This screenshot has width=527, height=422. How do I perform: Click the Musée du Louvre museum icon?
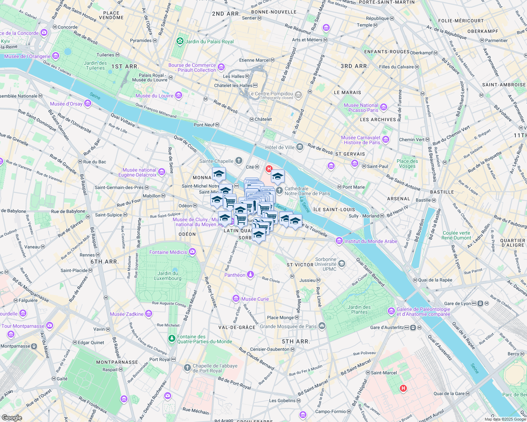coord(179,95)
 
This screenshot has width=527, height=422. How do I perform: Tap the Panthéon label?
coord(235,275)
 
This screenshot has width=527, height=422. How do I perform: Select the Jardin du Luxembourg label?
coord(168,276)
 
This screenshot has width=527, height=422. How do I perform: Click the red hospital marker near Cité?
coord(269,169)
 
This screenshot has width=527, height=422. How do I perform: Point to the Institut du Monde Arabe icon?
coord(339,241)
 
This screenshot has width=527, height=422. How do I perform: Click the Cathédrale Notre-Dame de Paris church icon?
coord(279,191)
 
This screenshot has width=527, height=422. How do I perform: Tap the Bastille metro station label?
coord(423,200)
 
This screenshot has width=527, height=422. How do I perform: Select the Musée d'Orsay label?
coord(66,104)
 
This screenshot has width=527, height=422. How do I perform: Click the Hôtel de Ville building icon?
coord(300,147)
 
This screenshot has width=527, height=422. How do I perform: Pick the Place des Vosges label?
coord(407,164)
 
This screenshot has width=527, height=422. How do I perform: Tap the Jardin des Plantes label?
coord(359,309)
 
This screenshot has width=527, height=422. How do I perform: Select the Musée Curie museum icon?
coord(236,299)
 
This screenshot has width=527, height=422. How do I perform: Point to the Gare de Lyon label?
coord(457,303)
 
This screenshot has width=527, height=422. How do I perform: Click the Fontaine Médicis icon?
coord(192,251)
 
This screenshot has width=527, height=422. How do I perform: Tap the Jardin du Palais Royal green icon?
coord(180,41)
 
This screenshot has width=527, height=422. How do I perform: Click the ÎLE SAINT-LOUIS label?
coord(334,209)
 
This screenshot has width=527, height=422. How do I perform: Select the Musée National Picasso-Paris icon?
coord(384,107)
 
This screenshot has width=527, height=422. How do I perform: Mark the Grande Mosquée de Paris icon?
coord(322,326)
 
